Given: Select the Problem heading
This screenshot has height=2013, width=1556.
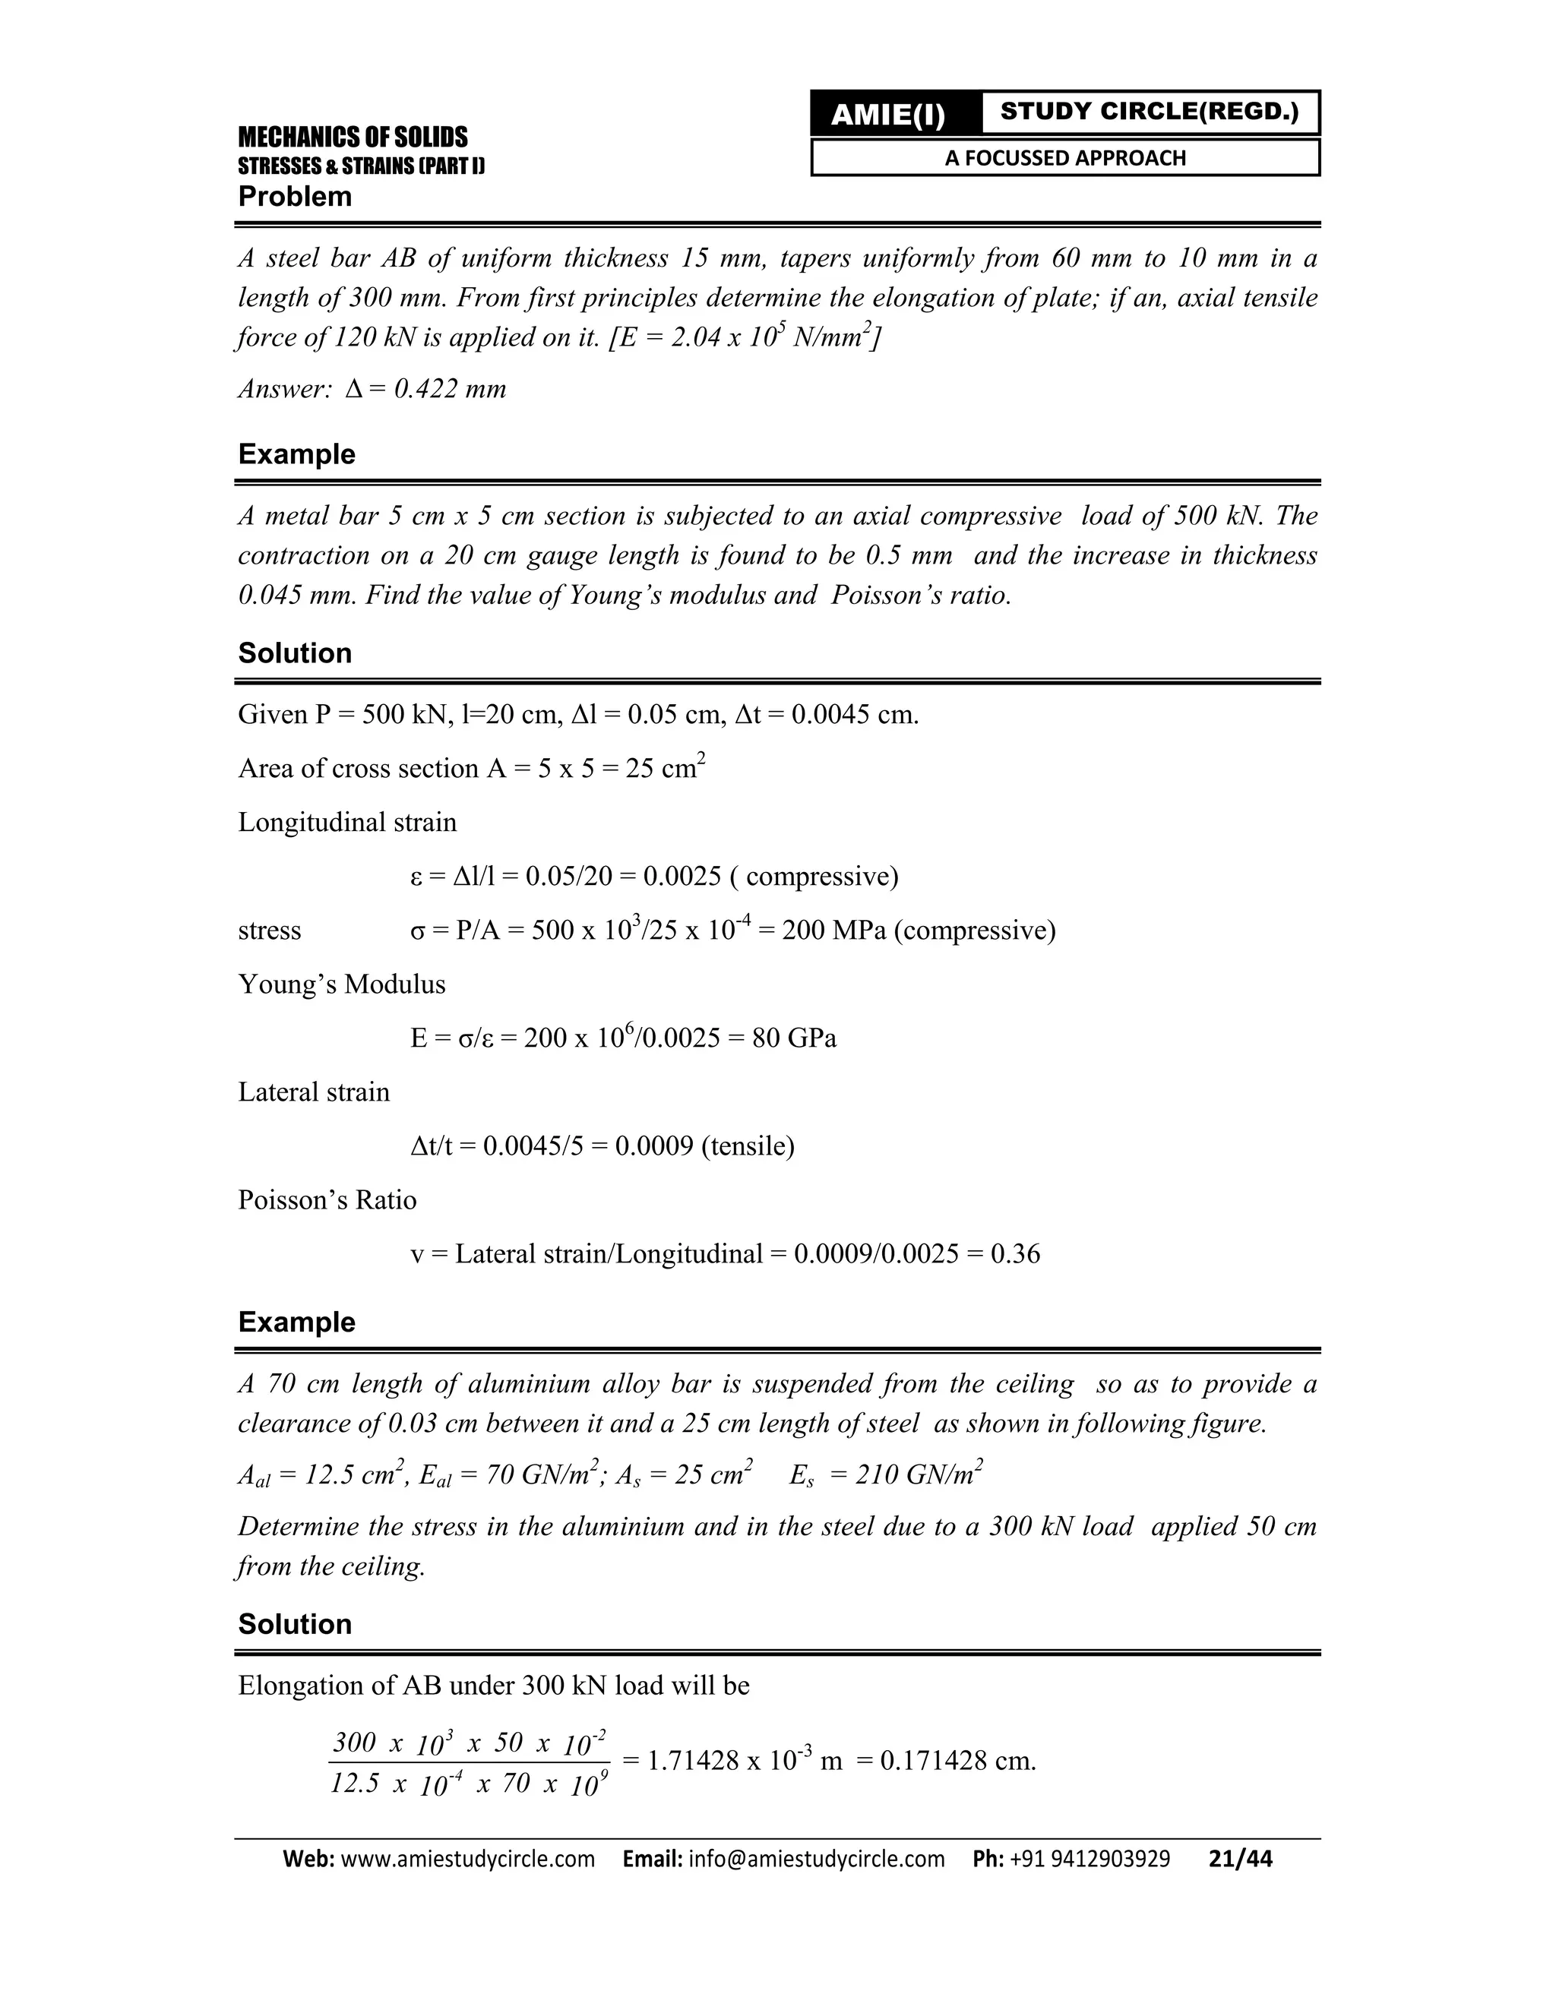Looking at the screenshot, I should pos(295,196).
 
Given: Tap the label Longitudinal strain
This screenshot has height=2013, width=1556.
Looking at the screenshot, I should pos(347,822).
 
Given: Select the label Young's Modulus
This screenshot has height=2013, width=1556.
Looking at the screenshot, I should pos(342,984).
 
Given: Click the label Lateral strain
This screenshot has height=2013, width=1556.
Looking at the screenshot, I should pos(314,1092).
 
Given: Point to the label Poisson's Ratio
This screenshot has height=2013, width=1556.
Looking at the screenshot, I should pos(327,1200).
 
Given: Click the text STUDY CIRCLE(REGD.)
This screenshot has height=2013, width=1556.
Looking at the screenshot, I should pos(1149,112).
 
